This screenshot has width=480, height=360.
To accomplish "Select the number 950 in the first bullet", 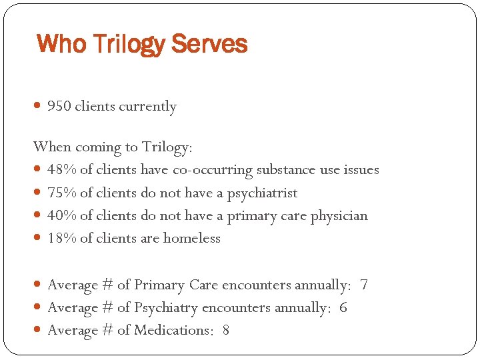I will (59, 107).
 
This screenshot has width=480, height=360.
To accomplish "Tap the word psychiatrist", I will (262, 193).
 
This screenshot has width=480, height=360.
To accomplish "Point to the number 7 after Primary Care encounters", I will (363, 285).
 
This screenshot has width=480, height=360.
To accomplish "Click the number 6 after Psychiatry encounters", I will (343, 308).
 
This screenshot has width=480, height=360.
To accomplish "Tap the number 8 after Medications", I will (226, 331).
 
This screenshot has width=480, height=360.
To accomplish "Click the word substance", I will (285, 170).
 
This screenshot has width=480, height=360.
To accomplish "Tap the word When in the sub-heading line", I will (51, 147).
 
